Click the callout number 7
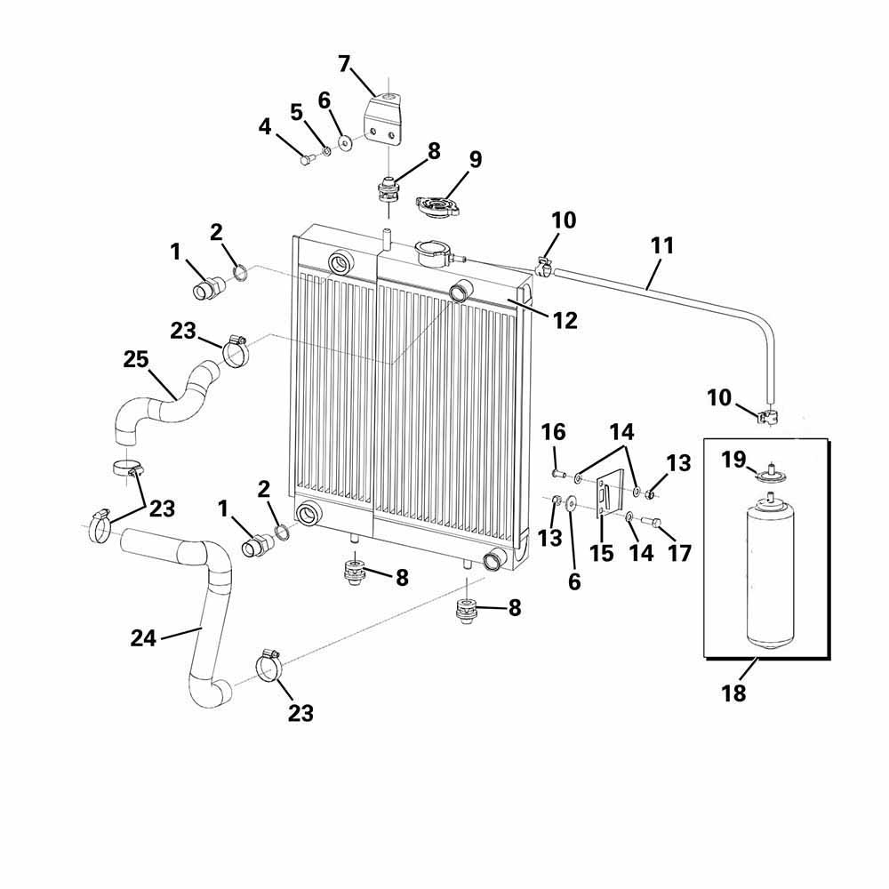(344, 64)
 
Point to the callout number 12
(565, 320)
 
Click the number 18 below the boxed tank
(734, 693)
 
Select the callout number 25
(136, 360)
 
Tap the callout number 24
(144, 637)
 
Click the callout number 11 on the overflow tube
(662, 245)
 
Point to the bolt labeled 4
(306, 160)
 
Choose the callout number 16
(553, 433)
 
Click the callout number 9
(475, 160)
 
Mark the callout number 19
(733, 461)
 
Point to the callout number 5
(297, 112)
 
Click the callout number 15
(602, 552)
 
